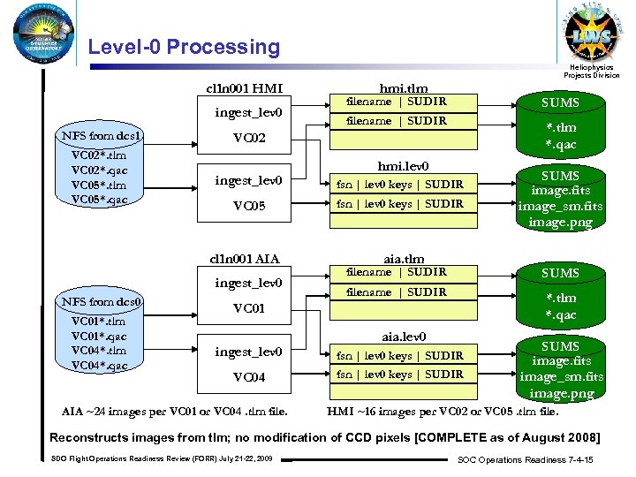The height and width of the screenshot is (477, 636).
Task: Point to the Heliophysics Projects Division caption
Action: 593,72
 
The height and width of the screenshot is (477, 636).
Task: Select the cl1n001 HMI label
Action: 245,87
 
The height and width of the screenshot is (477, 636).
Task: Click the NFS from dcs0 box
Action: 98,303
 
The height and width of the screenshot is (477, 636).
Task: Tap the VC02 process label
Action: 248,139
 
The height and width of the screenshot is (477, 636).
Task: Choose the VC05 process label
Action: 248,207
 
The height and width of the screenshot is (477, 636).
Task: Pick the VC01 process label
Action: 248,309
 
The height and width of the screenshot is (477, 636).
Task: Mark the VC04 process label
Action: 248,378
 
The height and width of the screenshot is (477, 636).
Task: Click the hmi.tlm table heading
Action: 402,87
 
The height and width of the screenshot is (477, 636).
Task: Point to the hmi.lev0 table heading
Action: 403,166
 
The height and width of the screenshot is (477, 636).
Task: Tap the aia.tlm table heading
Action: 403,258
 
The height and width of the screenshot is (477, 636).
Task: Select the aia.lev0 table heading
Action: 403,337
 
